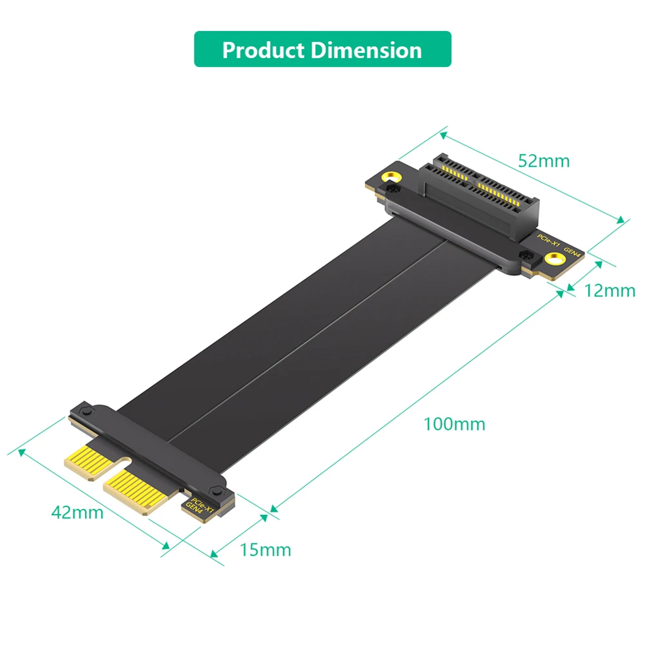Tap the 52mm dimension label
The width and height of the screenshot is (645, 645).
pos(544,160)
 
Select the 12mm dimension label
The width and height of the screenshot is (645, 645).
pos(610,291)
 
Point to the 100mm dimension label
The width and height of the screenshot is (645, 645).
pos(454,424)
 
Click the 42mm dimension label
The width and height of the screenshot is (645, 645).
pos(77,512)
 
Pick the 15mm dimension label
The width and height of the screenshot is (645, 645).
pos(265,550)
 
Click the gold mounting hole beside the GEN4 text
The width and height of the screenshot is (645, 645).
pos(553,260)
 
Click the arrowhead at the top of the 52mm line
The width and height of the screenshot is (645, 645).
pos(443,135)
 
